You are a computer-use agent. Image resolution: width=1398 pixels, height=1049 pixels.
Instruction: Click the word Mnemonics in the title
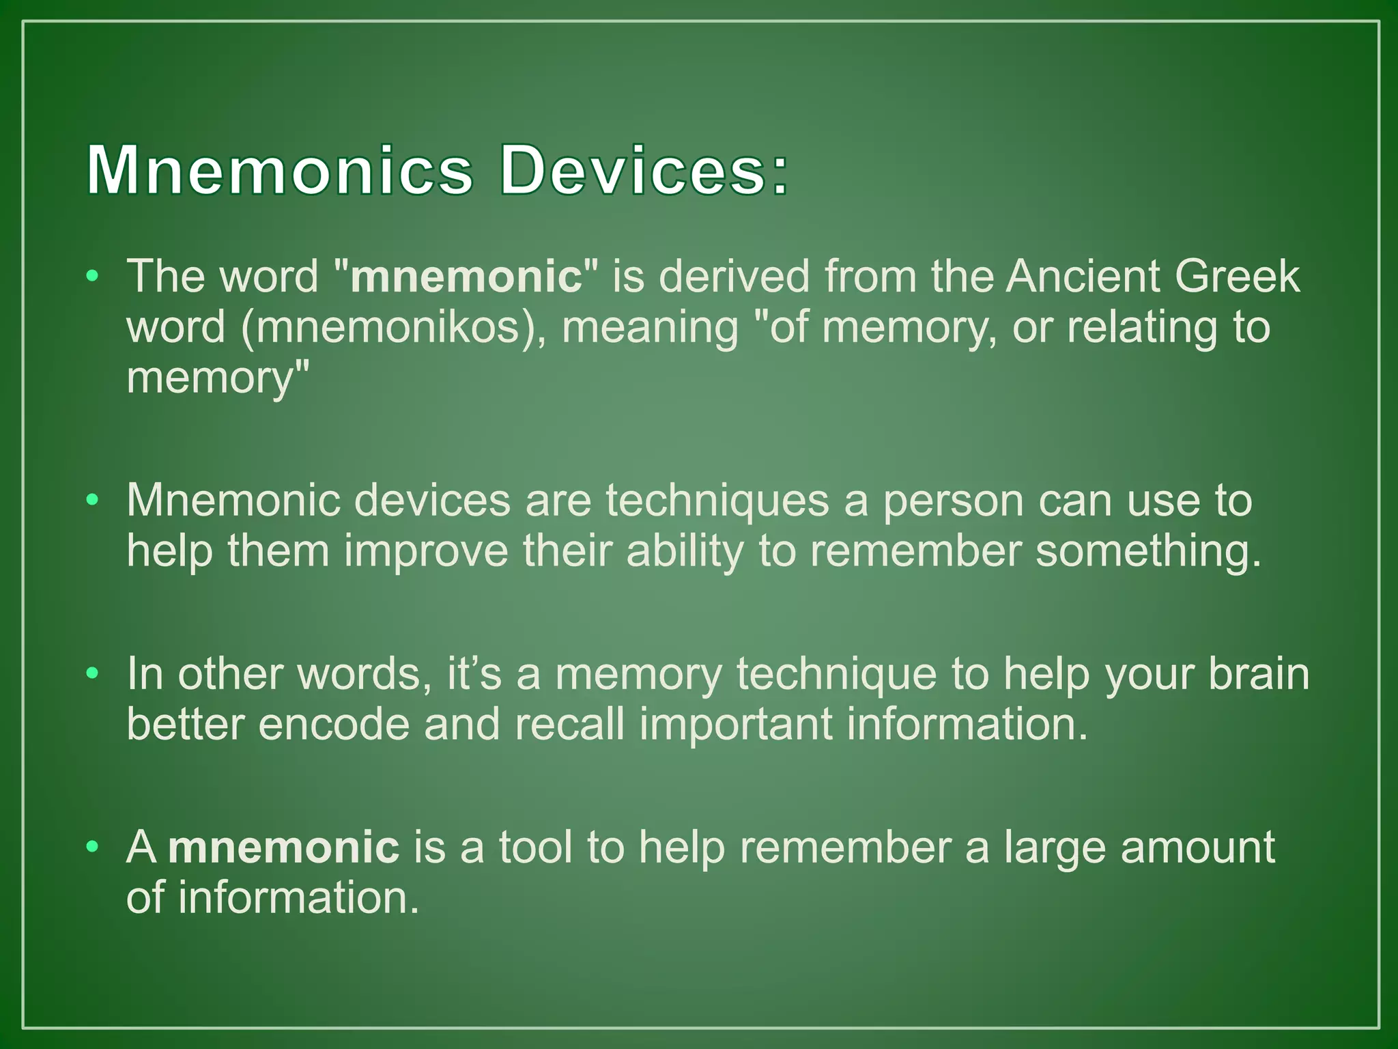pos(279,171)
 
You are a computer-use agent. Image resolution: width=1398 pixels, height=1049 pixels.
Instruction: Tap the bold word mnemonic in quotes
pos(466,277)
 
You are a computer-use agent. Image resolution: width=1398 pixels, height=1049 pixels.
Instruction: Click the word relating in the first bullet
pos(1142,328)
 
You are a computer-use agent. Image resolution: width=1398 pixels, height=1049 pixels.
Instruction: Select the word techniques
pos(717,501)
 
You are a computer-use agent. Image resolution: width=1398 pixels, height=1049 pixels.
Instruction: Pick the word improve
pos(426,551)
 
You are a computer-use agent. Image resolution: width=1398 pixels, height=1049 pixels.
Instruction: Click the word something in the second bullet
pos(1148,551)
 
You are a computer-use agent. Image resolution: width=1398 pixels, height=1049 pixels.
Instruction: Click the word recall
pos(569,724)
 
